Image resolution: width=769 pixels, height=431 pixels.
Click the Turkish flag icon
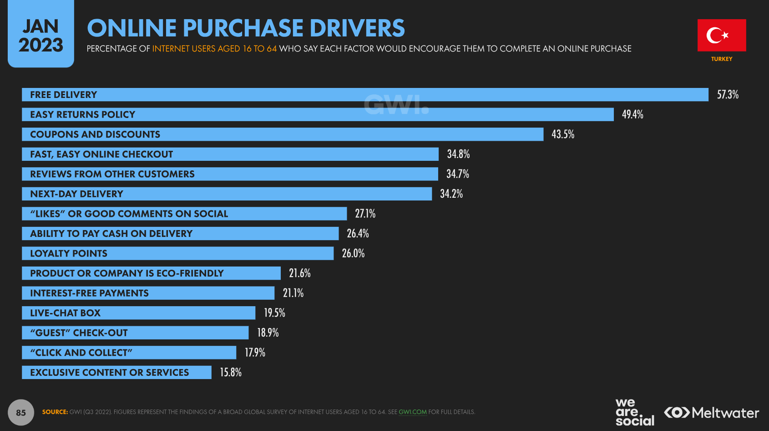point(721,35)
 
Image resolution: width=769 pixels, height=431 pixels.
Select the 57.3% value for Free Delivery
point(728,95)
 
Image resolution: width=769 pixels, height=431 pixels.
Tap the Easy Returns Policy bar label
point(83,115)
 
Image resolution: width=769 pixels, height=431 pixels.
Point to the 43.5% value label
point(563,134)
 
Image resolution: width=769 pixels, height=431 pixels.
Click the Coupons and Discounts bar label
point(95,134)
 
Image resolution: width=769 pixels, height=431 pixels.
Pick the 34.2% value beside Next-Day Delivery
point(451,194)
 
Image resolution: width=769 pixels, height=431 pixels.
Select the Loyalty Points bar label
point(69,254)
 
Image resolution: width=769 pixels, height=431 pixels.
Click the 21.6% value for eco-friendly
point(300,273)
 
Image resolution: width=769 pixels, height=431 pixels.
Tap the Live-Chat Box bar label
point(66,313)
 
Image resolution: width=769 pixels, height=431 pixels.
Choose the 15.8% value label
point(231,373)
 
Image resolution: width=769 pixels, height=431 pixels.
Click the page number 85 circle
point(21,412)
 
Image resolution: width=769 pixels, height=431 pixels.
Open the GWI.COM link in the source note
point(413,412)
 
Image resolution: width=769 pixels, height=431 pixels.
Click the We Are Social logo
point(635,412)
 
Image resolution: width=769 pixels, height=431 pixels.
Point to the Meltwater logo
point(712,413)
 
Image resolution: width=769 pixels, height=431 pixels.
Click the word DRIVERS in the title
point(357,28)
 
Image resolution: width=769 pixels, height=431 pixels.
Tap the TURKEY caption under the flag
point(722,59)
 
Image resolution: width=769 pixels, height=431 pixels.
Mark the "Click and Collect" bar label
point(81,353)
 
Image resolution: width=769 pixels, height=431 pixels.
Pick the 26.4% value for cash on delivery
point(358,234)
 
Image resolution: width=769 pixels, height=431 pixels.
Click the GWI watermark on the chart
point(396,105)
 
